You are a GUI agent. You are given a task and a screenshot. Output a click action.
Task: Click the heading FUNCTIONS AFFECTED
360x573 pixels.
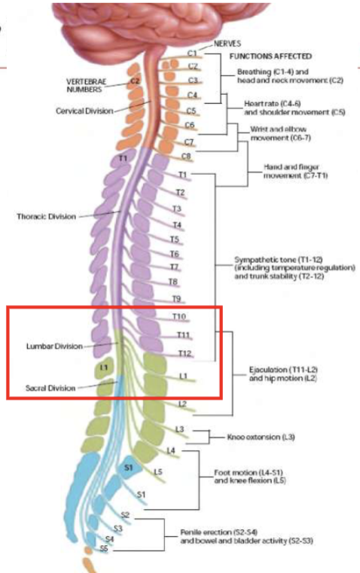click(x=270, y=56)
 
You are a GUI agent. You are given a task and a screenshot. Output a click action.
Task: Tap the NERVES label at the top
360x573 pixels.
click(x=228, y=44)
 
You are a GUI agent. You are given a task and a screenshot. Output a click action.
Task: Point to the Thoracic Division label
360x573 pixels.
click(x=46, y=216)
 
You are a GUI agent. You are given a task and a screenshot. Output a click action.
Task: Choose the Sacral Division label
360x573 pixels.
click(x=50, y=388)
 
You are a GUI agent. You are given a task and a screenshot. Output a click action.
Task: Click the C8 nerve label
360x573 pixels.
click(x=187, y=157)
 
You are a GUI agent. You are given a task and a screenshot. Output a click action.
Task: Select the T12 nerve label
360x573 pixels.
click(x=184, y=353)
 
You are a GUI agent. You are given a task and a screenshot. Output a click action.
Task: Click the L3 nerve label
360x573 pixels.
click(x=179, y=428)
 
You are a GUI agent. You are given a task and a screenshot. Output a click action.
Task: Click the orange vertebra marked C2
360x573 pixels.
click(x=135, y=81)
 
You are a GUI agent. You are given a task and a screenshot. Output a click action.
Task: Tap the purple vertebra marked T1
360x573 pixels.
click(x=123, y=158)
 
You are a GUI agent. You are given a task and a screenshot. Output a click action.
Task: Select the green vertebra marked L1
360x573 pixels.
click(x=105, y=367)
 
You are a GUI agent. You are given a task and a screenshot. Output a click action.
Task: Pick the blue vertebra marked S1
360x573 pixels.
click(x=128, y=468)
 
